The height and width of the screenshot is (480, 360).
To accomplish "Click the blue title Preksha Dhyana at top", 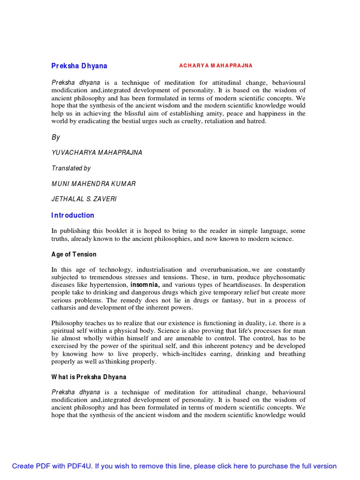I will point(79,66).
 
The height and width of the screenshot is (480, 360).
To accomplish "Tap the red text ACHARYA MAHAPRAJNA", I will point(216,66).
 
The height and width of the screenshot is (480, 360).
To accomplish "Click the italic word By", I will point(56,137).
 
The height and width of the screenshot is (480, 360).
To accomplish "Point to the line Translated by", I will point(71,168).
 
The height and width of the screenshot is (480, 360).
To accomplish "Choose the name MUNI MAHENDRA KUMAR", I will point(93,184).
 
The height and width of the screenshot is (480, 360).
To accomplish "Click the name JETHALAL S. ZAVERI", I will point(84,199).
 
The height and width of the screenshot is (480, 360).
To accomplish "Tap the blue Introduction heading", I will point(73,215).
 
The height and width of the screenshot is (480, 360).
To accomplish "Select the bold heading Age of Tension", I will point(74,255).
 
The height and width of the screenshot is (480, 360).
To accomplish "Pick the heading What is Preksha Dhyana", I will point(89,377).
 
